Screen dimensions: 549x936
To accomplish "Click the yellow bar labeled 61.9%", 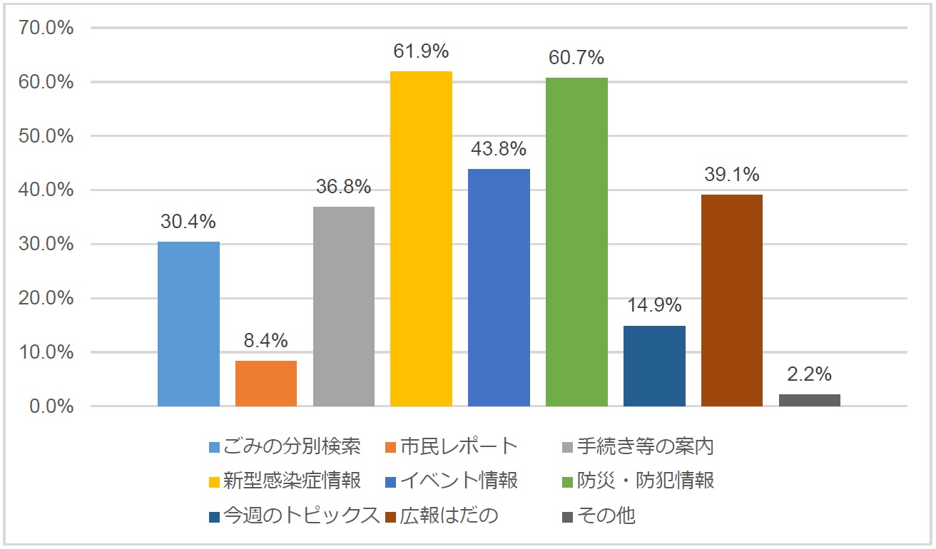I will (x=421, y=239).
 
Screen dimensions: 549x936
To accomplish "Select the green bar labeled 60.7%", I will (x=576, y=242).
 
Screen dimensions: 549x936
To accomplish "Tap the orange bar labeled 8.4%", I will (x=266, y=384).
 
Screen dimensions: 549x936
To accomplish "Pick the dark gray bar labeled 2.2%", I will (x=809, y=400).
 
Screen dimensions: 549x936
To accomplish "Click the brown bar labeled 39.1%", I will (x=731, y=300).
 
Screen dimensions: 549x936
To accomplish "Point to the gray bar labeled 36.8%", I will (x=344, y=307).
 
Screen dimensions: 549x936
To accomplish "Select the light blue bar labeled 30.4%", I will (x=188, y=324).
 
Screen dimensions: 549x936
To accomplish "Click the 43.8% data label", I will (x=499, y=149).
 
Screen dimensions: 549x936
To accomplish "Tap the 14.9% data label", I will (x=654, y=305).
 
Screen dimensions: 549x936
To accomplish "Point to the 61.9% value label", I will (x=421, y=51).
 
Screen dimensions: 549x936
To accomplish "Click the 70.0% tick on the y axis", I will (x=47, y=28).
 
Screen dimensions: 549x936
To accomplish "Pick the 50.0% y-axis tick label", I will (x=47, y=136).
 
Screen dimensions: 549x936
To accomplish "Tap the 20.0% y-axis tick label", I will (x=47, y=299).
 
